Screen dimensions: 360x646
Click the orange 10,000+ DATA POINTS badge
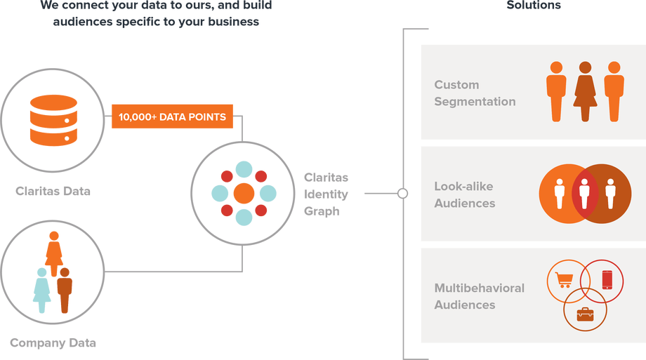172,117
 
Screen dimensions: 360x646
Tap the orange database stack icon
53,121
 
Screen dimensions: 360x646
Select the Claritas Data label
53,190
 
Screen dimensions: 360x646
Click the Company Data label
53,343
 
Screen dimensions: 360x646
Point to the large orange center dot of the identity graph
243,193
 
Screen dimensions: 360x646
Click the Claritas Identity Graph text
326,194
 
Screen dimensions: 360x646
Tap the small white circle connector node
402,193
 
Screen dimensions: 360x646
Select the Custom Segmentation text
475,93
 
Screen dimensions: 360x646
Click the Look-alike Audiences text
465,195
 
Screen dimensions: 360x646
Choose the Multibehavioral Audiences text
479,297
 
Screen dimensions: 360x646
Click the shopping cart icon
563,279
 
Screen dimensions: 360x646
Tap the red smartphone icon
607,279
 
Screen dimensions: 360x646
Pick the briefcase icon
585,314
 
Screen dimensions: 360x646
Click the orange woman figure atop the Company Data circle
53,255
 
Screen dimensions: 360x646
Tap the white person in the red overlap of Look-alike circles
584,193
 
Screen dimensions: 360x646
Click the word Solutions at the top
534,5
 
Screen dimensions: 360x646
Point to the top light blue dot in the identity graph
244,169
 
